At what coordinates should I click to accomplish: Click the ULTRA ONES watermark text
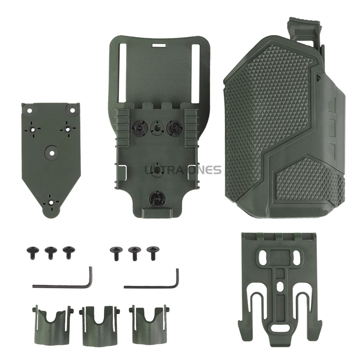click(183, 170)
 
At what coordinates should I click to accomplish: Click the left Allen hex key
click(63, 282)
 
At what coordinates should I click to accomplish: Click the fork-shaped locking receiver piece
click(283, 288)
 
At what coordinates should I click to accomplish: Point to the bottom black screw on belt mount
click(155, 196)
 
